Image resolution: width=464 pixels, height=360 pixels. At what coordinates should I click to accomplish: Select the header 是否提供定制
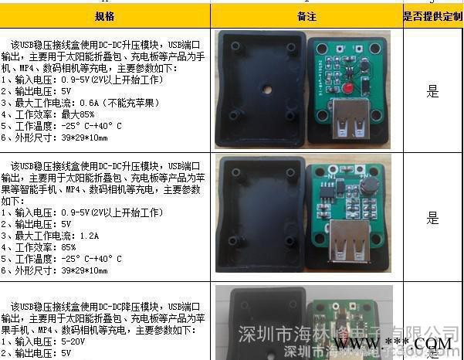click(433, 15)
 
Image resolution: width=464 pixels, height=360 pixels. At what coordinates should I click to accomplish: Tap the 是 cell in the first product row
click(432, 91)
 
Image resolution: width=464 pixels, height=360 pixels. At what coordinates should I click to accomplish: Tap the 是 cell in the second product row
click(432, 219)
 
